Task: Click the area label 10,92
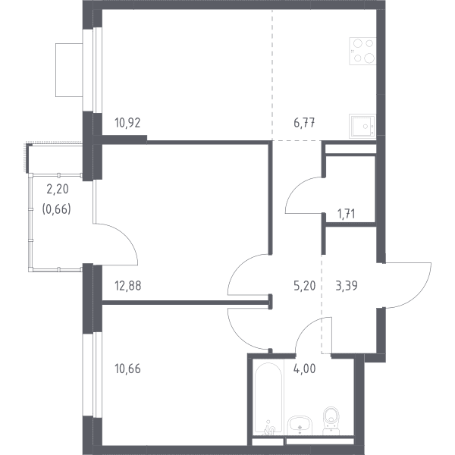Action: [x=127, y=123]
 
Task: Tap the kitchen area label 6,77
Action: [x=304, y=123]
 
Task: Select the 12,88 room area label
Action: [x=128, y=286]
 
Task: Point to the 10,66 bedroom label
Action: [x=127, y=369]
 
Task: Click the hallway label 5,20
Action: [x=304, y=286]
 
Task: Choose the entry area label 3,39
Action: [x=347, y=286]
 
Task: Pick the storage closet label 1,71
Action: [x=347, y=214]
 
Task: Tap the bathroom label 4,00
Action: [x=304, y=369]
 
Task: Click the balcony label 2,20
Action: [x=58, y=189]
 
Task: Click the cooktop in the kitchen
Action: [x=362, y=51]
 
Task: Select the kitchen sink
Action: [x=362, y=126]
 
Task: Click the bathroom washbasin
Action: [x=300, y=425]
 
